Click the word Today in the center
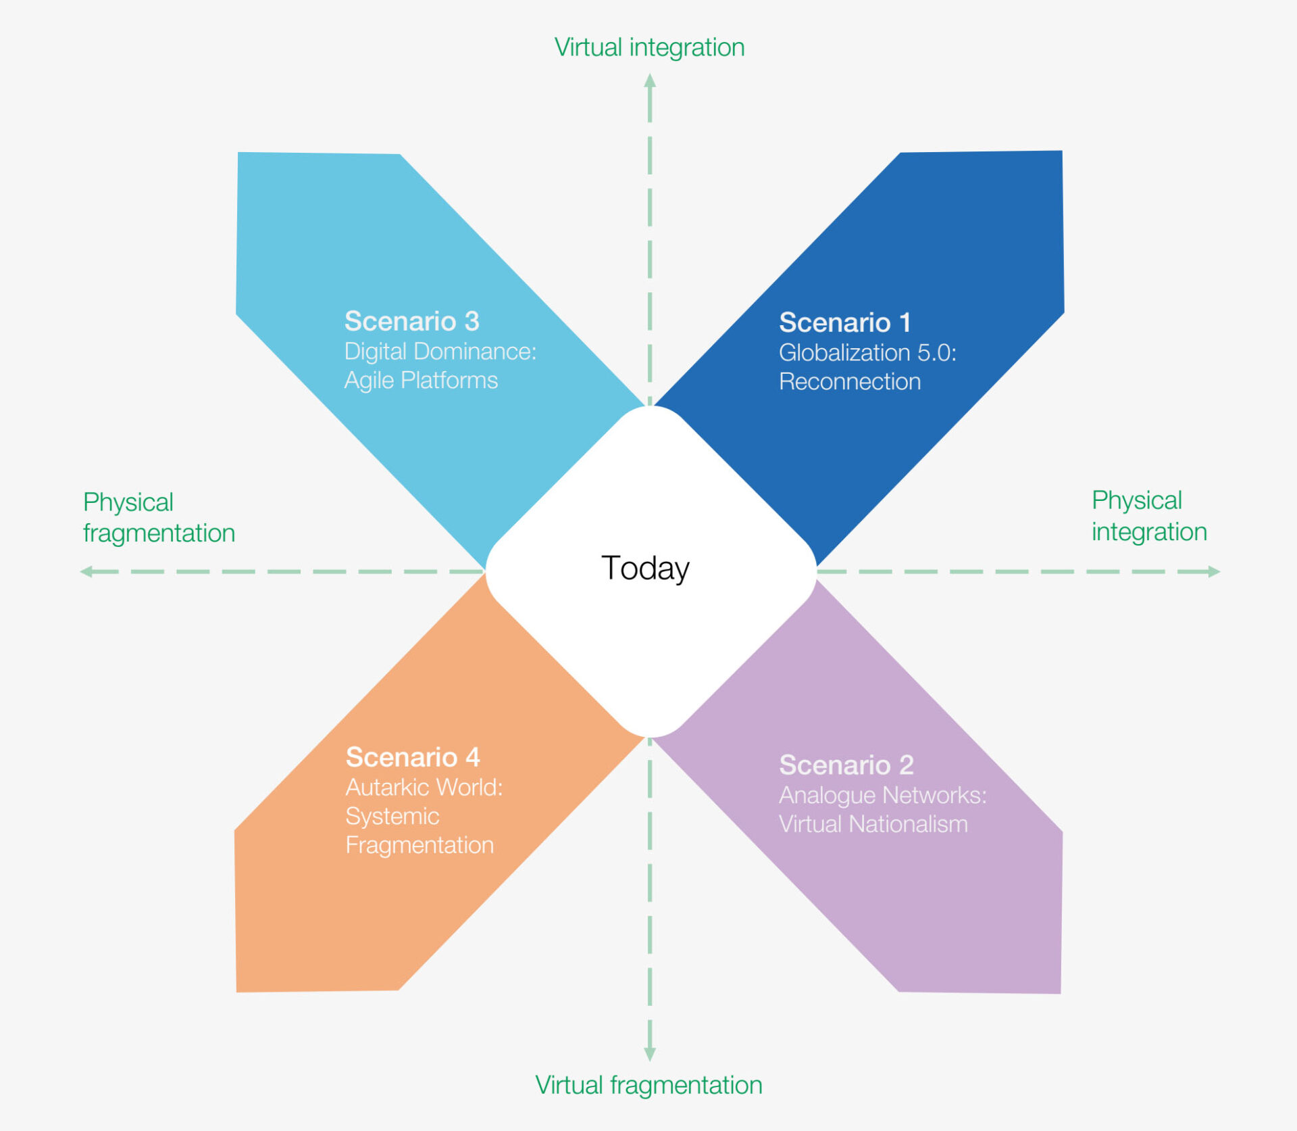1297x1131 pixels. pos(645,568)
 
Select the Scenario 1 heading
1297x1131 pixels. pos(844,322)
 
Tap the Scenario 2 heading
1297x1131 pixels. pos(846,765)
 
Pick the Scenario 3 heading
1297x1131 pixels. pos(411,321)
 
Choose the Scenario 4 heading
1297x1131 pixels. pos(412,757)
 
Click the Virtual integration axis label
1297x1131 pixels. pos(649,47)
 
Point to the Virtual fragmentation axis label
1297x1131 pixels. pos(648,1085)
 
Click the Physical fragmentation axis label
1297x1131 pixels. pos(159,517)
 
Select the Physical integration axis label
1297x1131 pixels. pos(1149,516)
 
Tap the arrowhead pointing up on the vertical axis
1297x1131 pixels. pos(650,80)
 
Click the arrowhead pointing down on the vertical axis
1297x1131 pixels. pos(650,1054)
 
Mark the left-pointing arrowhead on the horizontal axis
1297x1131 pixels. pos(86,572)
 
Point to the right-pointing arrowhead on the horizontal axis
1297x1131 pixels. pos(1213,572)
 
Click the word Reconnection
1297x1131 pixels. pos(849,382)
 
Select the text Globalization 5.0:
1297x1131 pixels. pos(867,352)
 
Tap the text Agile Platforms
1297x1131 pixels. pos(421,381)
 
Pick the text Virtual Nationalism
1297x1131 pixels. pos(873,824)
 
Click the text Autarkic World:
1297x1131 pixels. pos(424,787)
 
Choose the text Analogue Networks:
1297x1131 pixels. pos(882,795)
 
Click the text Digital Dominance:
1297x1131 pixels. pos(440,352)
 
